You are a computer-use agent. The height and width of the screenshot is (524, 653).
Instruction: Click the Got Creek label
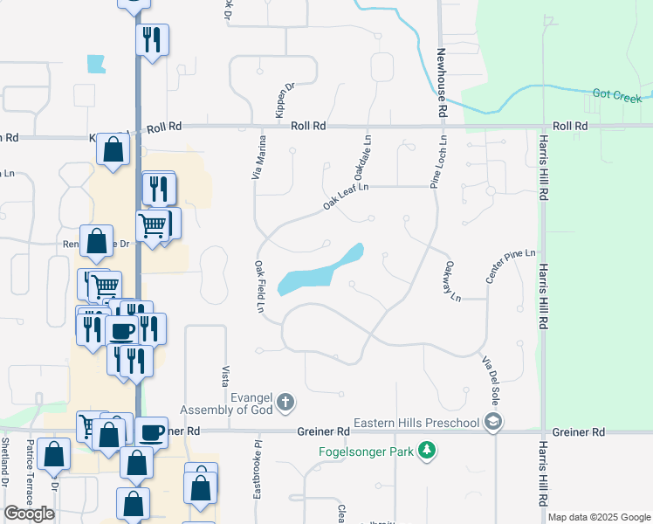pos(617,96)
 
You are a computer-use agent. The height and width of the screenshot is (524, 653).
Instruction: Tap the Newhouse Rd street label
pos(442,83)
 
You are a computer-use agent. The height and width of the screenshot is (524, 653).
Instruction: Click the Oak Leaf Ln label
pos(346,195)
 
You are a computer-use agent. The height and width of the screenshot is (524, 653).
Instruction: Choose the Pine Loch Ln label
pos(437,162)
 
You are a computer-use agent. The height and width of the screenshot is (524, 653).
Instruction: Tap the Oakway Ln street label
pos(451,282)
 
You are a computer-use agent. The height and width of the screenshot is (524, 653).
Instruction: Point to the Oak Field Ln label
pos(259,286)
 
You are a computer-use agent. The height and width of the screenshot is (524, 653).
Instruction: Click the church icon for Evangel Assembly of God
pos(285,403)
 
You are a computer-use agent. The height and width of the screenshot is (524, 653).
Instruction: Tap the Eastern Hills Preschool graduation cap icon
pos(493,424)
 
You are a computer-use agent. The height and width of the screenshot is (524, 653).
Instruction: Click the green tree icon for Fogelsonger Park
pos(426,451)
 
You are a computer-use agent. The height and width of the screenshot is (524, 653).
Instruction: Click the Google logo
pos(29,514)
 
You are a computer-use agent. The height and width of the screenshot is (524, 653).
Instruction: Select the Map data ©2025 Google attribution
pos(599,517)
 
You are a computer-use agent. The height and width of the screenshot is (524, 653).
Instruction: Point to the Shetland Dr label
pos(4,475)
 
